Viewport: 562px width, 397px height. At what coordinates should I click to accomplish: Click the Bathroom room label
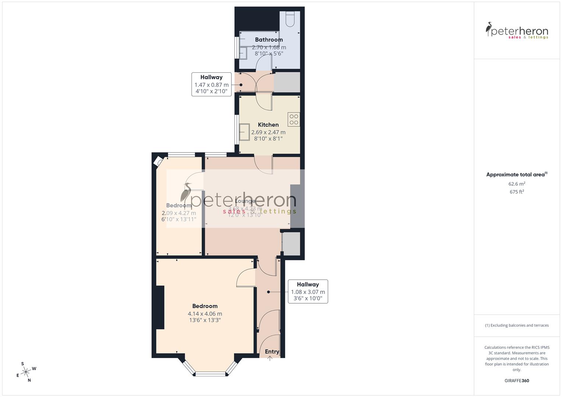coord(269,40)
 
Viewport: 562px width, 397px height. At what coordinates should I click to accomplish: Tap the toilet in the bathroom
coord(290,19)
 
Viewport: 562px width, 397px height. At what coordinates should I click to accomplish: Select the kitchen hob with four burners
coord(294,119)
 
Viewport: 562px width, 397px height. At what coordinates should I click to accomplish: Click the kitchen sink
coord(244,132)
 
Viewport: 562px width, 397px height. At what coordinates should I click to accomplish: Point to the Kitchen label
coord(268,125)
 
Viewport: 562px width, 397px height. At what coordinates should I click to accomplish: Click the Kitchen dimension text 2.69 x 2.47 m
coord(268,132)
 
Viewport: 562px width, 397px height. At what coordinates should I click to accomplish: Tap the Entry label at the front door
coord(272,352)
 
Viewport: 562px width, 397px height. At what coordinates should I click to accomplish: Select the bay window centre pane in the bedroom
coord(210,374)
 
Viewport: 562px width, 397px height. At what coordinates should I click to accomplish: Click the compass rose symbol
coord(26,372)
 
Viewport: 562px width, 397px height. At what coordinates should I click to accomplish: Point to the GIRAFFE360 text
coord(517,380)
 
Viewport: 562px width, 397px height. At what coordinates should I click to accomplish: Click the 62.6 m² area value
coord(517,184)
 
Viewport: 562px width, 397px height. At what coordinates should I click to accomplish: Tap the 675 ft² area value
coord(517,192)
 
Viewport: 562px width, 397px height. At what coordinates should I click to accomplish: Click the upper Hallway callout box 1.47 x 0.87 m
coord(212,85)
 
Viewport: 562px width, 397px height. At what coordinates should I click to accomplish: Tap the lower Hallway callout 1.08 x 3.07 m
coord(308,292)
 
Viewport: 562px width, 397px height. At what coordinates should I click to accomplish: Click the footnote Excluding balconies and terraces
coord(517,325)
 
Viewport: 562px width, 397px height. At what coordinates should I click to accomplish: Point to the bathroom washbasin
coord(244,53)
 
